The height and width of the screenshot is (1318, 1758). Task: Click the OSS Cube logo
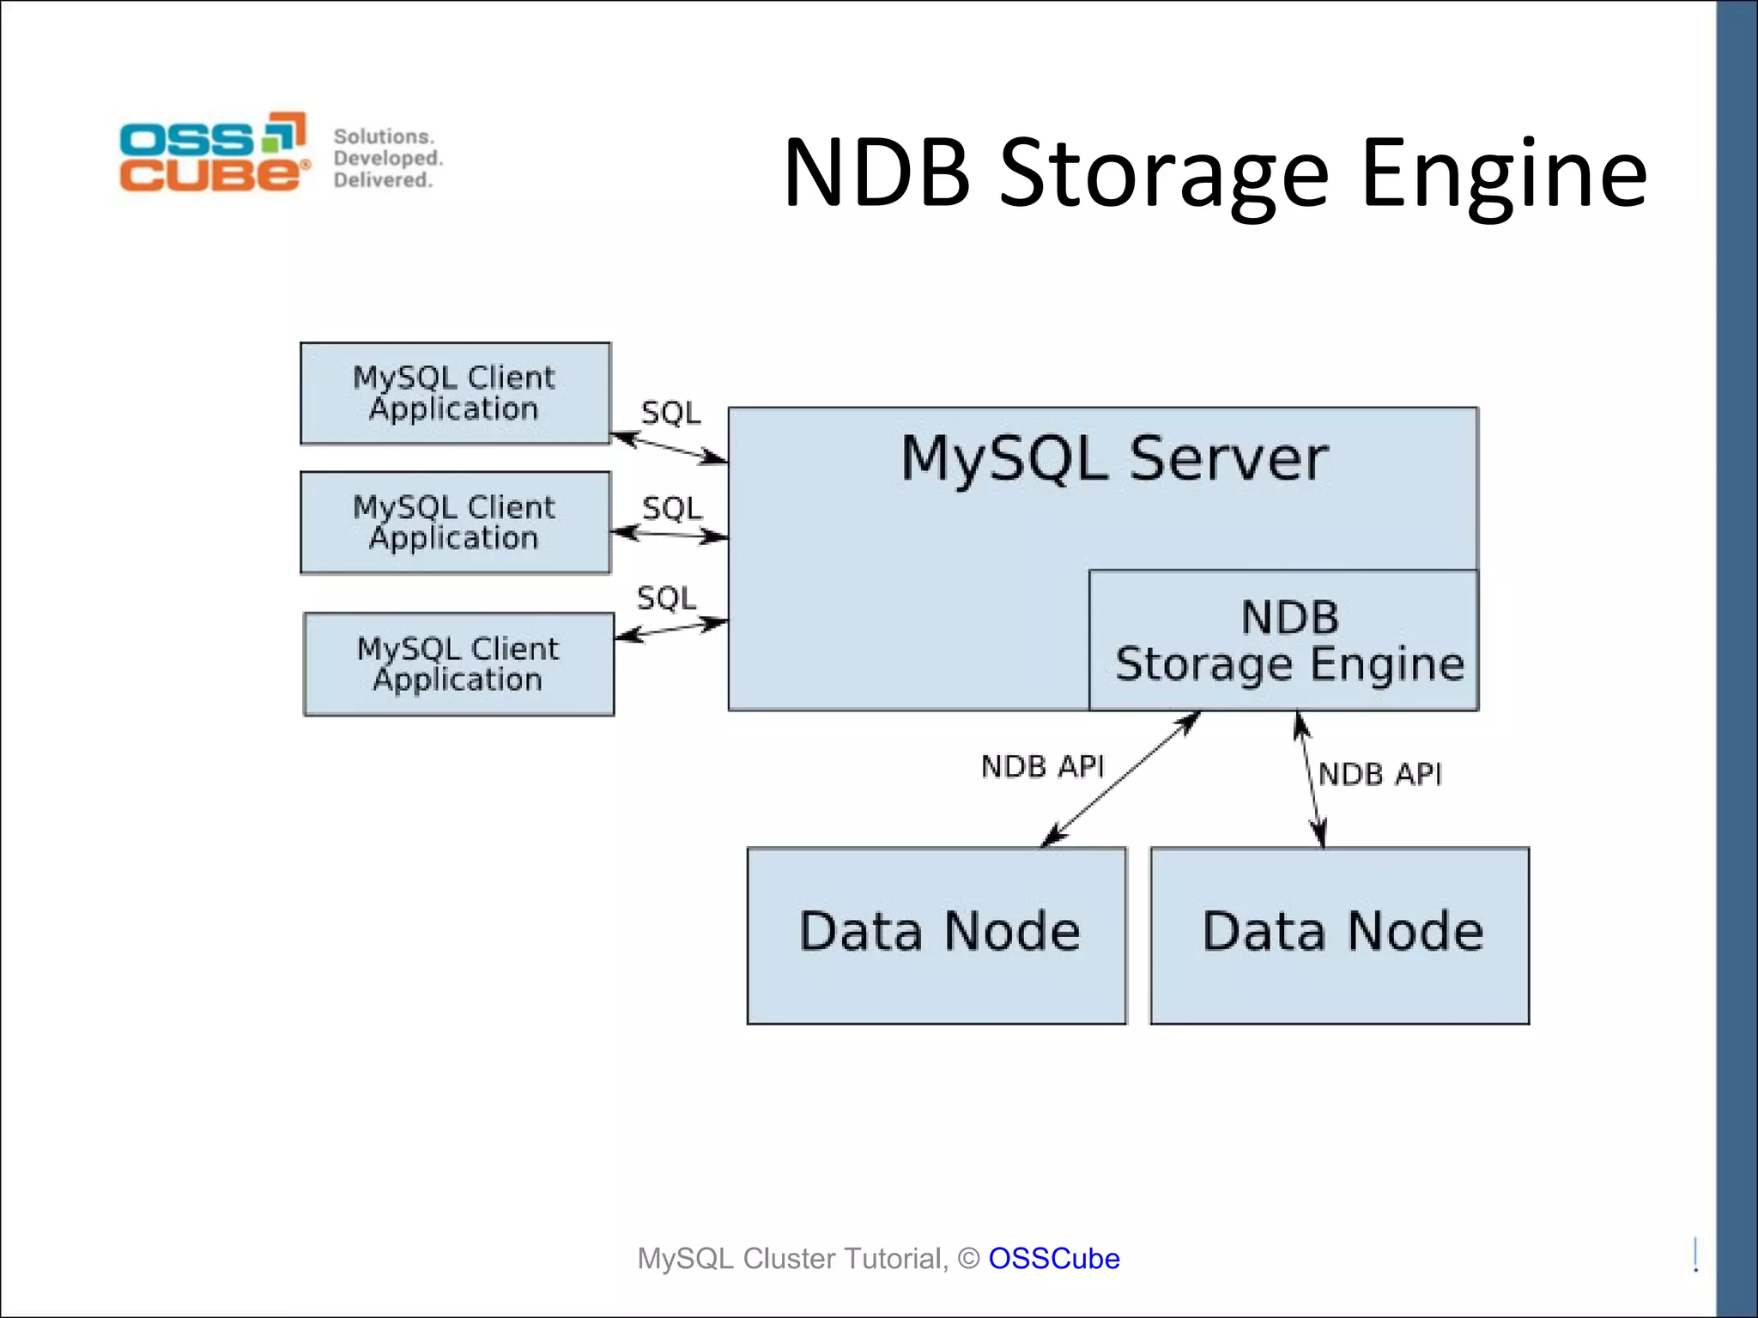[x=213, y=152]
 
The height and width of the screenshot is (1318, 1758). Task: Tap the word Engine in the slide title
[x=1503, y=175]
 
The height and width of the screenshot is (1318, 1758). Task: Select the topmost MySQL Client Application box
[x=455, y=393]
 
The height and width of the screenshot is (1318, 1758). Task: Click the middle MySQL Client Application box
[x=455, y=522]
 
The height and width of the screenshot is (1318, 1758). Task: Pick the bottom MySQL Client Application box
[x=458, y=663]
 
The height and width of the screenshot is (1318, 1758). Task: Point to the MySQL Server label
[x=1114, y=458]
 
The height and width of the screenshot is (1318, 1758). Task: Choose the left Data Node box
[x=937, y=935]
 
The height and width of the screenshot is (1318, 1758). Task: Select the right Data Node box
[x=1340, y=935]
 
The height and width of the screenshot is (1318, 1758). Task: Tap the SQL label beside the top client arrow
[x=671, y=414]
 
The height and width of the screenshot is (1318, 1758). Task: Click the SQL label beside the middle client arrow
[x=672, y=509]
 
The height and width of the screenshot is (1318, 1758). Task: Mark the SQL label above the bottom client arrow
[x=667, y=598]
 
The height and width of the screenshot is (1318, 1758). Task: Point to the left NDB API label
[x=1042, y=766]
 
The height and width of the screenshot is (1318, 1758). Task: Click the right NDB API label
[x=1379, y=774]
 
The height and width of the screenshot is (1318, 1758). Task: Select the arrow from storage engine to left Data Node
[x=1120, y=778]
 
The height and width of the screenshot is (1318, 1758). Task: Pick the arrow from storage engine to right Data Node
[x=1311, y=779]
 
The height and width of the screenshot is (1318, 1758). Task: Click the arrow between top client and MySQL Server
[x=670, y=448]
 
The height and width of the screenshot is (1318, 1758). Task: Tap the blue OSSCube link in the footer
[x=1053, y=1258]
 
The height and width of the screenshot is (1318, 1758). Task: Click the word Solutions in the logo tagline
[x=384, y=136]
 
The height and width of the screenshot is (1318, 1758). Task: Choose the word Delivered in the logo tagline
[x=383, y=180]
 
